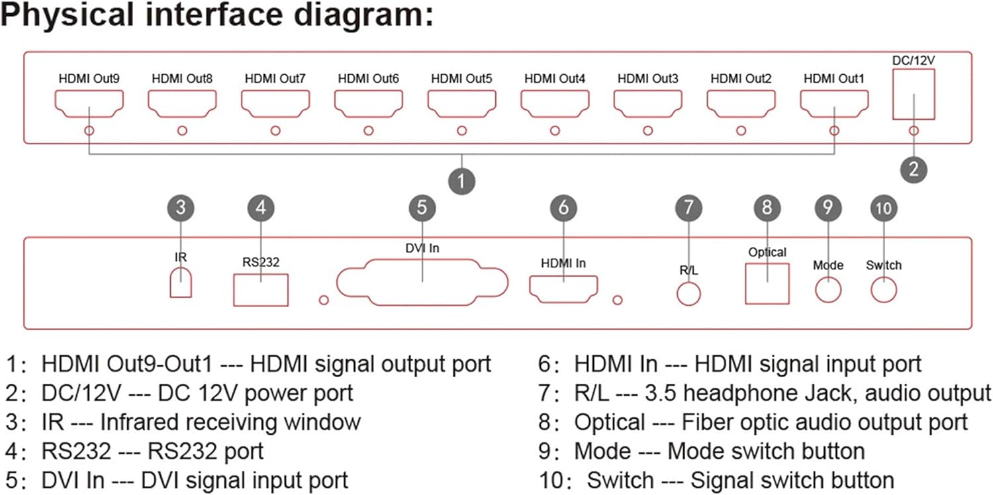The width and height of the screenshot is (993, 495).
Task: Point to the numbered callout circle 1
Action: pyautogui.click(x=461, y=181)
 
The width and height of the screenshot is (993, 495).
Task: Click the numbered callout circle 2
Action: pyautogui.click(x=914, y=169)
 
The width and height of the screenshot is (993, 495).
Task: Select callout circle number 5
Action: pyautogui.click(x=422, y=208)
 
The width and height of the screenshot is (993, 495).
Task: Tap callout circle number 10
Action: pyautogui.click(x=884, y=208)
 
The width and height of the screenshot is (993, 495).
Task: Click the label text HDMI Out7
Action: pyautogui.click(x=275, y=79)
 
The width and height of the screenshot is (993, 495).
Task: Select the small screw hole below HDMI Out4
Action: pyautogui.click(x=555, y=131)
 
